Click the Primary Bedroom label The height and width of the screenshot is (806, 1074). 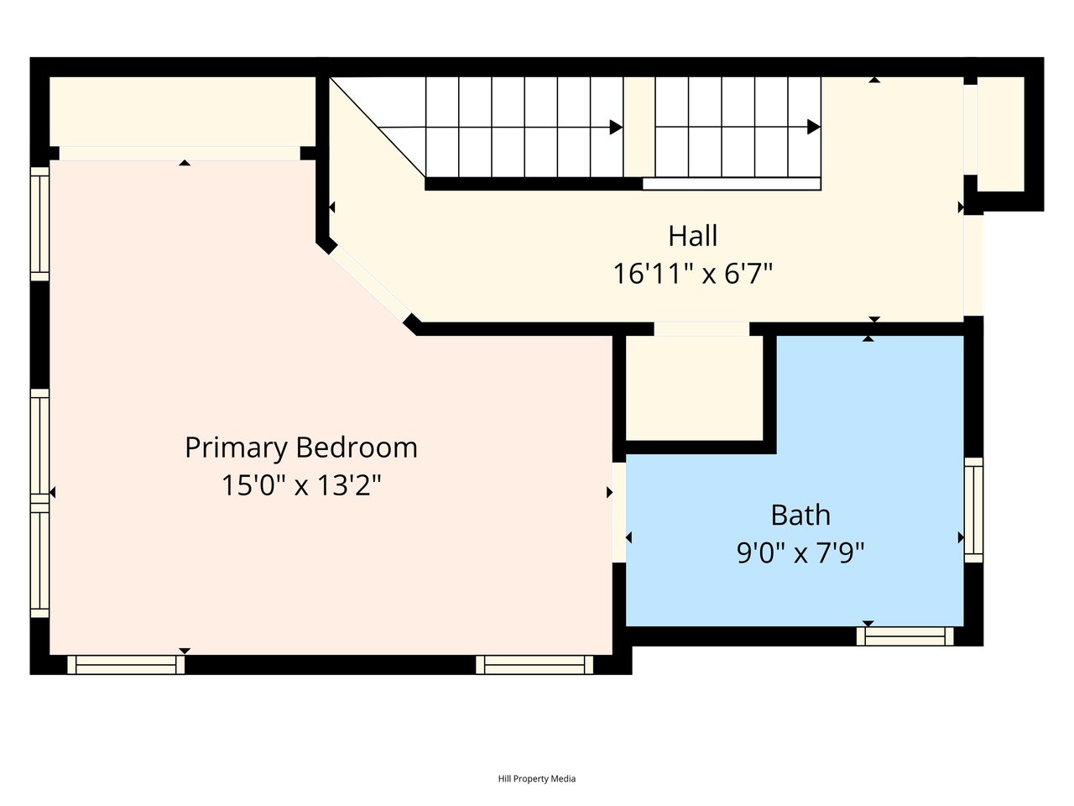[x=301, y=447]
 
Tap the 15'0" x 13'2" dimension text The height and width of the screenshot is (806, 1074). [x=301, y=485]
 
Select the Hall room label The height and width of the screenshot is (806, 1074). [x=693, y=236]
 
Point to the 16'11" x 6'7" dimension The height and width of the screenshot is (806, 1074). [x=693, y=273]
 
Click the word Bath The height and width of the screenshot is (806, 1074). [x=800, y=515]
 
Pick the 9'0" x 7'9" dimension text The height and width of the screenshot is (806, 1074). [x=800, y=553]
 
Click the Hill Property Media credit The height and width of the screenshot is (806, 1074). [x=537, y=778]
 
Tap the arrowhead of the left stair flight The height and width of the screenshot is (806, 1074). [x=616, y=128]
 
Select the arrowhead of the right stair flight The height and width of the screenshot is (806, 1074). [x=814, y=128]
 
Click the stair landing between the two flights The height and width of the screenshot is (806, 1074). [x=639, y=127]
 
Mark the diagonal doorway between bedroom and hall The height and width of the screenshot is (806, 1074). [x=370, y=281]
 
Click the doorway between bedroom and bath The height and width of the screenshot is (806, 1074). [x=619, y=512]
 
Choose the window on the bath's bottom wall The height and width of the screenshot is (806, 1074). [x=905, y=636]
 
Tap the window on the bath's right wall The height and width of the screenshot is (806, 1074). [x=973, y=510]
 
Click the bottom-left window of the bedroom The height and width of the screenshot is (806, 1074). [x=126, y=665]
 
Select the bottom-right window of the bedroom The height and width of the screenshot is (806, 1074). [x=534, y=665]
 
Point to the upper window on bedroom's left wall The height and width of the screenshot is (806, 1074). [x=40, y=224]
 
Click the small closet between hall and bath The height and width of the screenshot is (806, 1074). [x=694, y=388]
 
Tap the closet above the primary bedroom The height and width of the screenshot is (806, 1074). [x=182, y=111]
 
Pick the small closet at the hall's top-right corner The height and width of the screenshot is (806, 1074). [x=1001, y=134]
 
